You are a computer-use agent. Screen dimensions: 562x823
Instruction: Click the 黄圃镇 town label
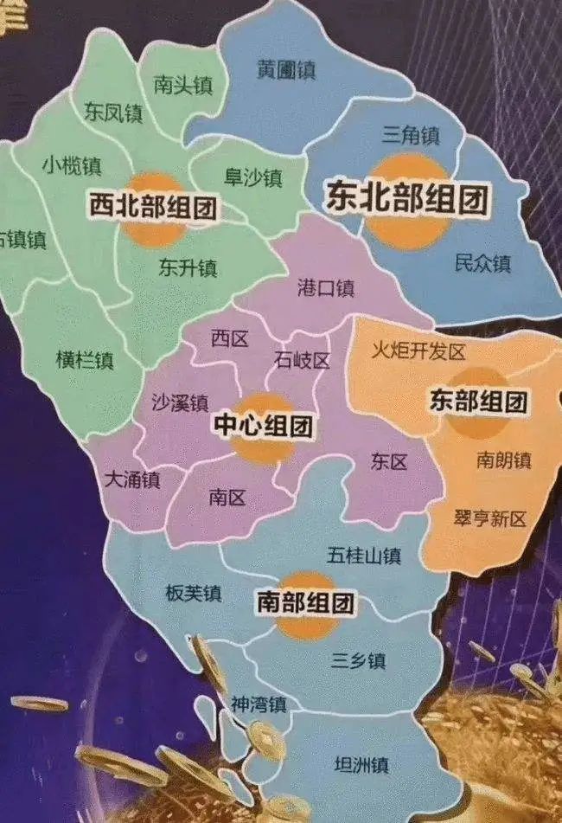286,69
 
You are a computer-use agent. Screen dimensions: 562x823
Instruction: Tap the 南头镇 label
182,85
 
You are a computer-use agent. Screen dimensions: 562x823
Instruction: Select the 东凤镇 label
113,112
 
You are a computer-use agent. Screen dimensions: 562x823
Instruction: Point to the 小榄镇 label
72,165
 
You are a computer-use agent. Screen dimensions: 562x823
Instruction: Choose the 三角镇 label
411,135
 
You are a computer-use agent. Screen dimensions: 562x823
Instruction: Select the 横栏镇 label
85,360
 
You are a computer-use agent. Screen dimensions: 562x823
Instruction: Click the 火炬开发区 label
418,351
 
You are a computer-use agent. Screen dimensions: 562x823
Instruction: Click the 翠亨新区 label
489,518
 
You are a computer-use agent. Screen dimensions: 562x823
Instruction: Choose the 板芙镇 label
193,593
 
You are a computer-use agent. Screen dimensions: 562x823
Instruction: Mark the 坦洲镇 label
361,765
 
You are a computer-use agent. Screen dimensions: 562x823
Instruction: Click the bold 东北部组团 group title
407,198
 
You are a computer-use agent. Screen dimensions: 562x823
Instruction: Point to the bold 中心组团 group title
263,426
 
